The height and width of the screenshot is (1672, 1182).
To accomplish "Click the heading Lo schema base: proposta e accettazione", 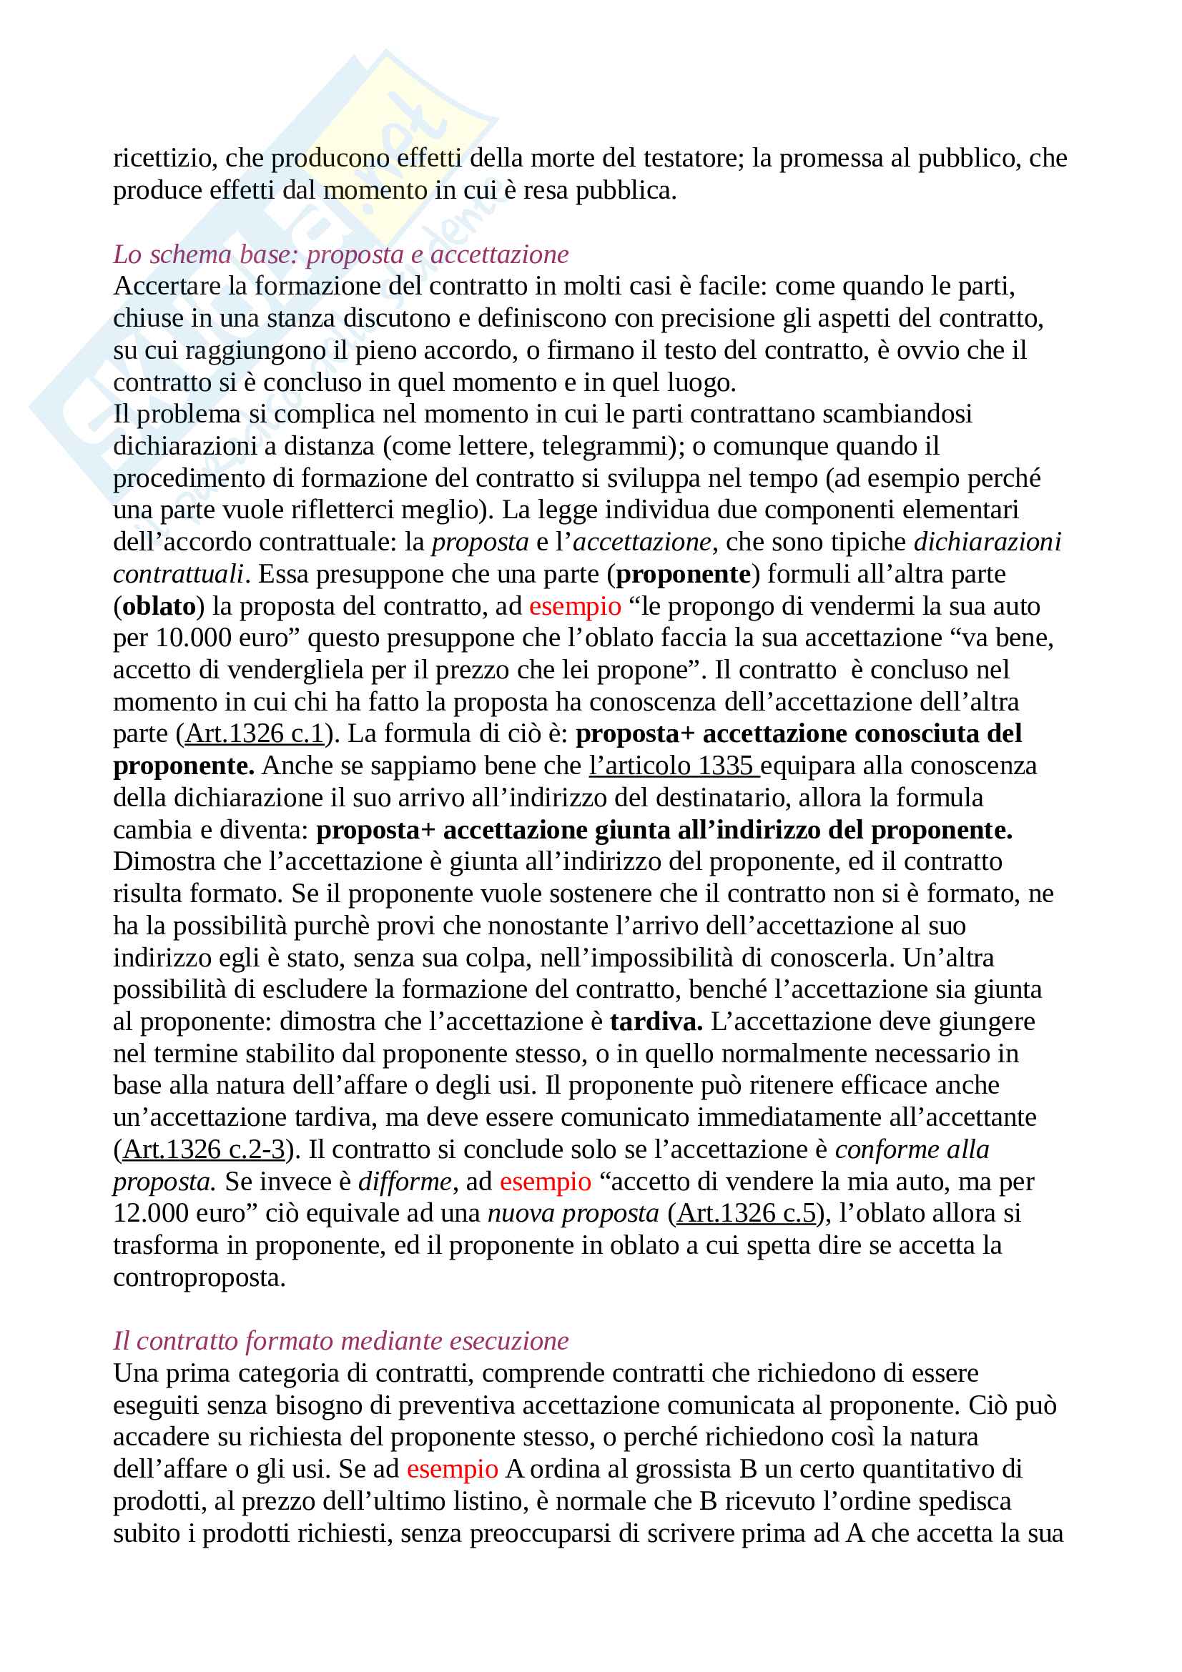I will click(x=341, y=254).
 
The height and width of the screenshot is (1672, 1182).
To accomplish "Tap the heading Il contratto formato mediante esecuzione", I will click(x=341, y=1340).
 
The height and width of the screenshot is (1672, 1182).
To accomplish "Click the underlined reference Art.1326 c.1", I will click(x=254, y=733).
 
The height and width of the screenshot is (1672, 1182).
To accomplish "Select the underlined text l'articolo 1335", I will click(x=673, y=766).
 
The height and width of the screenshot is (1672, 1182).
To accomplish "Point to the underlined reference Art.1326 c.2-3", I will click(x=204, y=1149).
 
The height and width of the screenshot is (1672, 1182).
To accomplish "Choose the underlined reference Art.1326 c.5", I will click(x=747, y=1213).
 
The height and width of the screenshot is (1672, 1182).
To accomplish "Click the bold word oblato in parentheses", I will click(x=159, y=606).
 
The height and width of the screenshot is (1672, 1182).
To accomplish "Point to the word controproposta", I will click(x=199, y=1277).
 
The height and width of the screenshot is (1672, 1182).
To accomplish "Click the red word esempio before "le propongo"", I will click(x=575, y=606).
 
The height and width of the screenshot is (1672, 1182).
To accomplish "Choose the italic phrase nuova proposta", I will click(x=573, y=1213).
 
